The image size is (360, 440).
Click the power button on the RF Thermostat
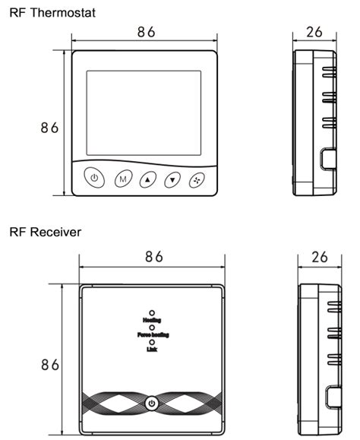[x=93, y=179]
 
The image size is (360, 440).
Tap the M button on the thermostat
[x=121, y=180]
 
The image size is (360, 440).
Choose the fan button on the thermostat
[x=199, y=180]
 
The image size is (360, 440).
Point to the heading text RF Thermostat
[x=47, y=13]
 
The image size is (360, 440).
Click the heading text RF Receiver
[x=45, y=231]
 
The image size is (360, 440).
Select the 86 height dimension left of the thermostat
[x=50, y=128]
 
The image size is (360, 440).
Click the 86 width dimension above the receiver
[x=154, y=257]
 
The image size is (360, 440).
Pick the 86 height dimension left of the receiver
[x=50, y=365]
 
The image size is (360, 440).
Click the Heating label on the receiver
[x=152, y=321]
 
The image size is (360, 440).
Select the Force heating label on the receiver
[x=153, y=335]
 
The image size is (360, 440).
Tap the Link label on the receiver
[x=152, y=350]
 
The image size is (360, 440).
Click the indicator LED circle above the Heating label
[x=152, y=312]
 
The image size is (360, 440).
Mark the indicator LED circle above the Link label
[x=152, y=342]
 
